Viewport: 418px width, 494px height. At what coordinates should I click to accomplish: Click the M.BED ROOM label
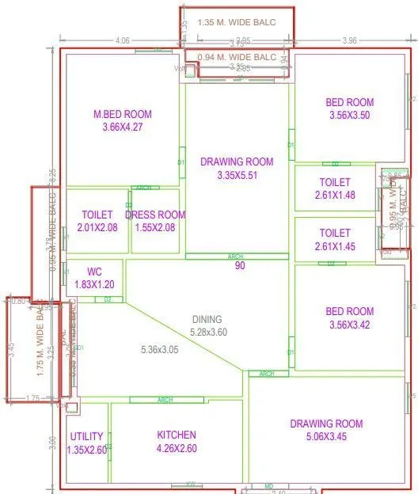coord(122,115)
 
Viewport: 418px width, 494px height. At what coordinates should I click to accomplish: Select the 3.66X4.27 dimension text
coord(122,127)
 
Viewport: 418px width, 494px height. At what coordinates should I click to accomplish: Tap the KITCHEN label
coord(176,435)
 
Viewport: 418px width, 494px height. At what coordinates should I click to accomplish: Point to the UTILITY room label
coord(86,436)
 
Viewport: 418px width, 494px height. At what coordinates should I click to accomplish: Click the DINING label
coord(207,320)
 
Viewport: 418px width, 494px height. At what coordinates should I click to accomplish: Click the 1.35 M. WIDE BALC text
coord(237,22)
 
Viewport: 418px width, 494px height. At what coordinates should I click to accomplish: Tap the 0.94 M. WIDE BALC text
coord(237,58)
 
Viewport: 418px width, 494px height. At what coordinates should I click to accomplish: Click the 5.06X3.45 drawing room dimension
coord(326,435)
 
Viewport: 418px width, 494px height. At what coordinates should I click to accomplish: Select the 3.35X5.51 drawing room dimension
coord(237,175)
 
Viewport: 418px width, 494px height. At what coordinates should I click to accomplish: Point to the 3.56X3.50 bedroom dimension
coord(349,115)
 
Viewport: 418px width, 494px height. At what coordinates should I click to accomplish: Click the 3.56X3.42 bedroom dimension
coord(349,325)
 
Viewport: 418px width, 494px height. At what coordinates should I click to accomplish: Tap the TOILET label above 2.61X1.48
coord(334,181)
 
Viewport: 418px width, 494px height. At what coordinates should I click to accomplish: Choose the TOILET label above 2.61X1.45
coord(334,233)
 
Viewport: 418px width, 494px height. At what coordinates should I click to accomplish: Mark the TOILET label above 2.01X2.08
coord(97,215)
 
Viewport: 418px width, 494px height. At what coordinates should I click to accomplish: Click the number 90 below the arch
coord(239,266)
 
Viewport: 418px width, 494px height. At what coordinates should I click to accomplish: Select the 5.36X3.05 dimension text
coord(160,349)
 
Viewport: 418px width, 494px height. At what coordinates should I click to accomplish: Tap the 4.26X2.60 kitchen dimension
coord(176,448)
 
